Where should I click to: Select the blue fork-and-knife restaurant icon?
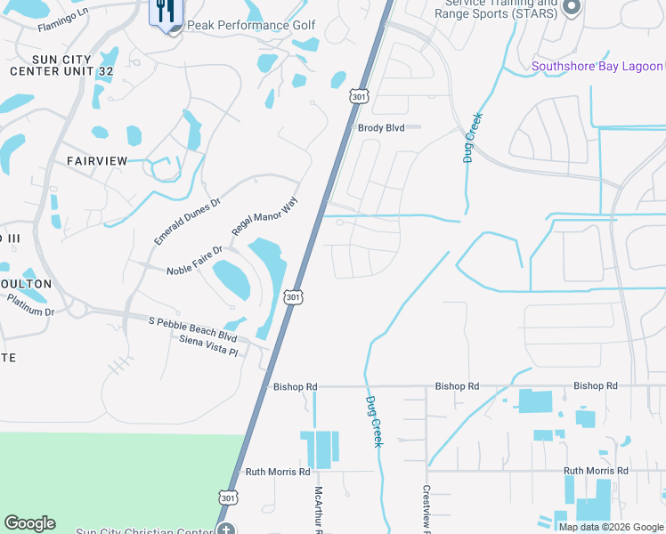pos(165,12)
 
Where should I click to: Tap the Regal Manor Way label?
pos(264,216)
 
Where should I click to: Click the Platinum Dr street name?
pos(30,305)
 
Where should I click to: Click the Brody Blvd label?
pos(381,128)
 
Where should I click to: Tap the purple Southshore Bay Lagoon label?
pos(597,66)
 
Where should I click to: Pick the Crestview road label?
pos(426,508)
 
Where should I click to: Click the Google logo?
pos(30,523)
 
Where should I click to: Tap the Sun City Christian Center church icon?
pos(226,531)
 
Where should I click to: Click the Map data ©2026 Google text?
pos(611,527)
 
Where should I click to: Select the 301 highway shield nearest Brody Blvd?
pos(357,95)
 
